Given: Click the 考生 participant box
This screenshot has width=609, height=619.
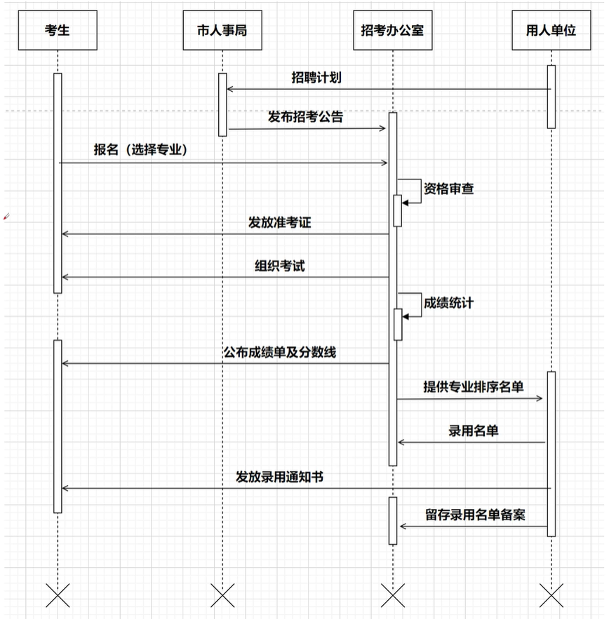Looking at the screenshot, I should tap(58, 31).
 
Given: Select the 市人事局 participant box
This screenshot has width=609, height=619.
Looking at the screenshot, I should tap(222, 31).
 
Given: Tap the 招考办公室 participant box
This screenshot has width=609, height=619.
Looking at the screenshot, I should tap(392, 31).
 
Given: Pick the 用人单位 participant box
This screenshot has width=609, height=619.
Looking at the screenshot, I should tap(551, 31).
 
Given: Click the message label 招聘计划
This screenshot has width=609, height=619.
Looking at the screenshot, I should tap(316, 77).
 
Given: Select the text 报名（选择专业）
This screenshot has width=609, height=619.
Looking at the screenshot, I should tap(140, 149).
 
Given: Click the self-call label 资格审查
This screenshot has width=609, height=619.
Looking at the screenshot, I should tap(448, 188).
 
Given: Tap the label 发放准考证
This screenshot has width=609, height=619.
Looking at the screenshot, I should tap(279, 222).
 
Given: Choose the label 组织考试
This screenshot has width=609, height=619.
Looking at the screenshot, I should tap(279, 266).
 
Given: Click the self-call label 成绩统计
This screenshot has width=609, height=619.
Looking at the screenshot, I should tap(448, 303).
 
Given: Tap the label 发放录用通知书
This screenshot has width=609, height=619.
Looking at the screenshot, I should tap(279, 477).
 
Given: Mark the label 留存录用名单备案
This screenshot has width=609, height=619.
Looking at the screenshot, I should tap(475, 514).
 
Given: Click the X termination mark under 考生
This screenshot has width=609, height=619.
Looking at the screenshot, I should tap(58, 596).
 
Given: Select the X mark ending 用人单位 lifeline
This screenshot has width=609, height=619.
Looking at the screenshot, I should tap(551, 596).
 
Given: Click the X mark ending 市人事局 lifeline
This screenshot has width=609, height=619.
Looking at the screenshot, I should tap(222, 596).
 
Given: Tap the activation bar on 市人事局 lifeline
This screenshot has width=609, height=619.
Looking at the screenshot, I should tap(222, 104).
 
